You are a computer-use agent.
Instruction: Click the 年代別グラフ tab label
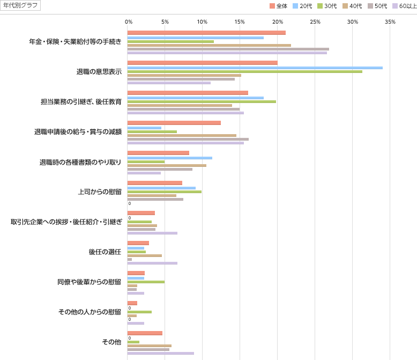click(20, 5)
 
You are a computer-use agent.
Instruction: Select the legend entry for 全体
click(279, 6)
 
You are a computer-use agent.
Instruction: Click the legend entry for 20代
click(302, 6)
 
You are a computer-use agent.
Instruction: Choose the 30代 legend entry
click(327, 6)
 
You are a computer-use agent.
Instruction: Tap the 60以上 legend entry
click(404, 6)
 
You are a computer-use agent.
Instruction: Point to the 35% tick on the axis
click(390, 21)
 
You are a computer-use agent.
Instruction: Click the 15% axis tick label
click(240, 21)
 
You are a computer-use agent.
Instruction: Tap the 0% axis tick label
click(129, 21)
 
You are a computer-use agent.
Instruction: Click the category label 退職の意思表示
click(99, 71)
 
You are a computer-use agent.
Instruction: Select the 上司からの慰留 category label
click(100, 192)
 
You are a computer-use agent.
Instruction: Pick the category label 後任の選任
click(105, 252)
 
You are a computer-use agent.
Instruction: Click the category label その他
click(111, 342)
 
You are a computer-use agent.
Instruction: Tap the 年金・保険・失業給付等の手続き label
click(76, 41)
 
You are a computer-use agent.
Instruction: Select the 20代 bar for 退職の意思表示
click(255, 68)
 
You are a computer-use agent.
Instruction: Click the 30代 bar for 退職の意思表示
click(244, 71)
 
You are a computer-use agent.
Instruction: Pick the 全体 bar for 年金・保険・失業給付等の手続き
click(206, 33)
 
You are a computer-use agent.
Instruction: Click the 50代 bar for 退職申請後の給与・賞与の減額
click(188, 139)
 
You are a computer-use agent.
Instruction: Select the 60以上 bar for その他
click(160, 353)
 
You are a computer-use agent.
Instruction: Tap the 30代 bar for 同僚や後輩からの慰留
click(146, 282)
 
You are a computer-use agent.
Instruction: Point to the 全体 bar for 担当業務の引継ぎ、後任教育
click(188, 93)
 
